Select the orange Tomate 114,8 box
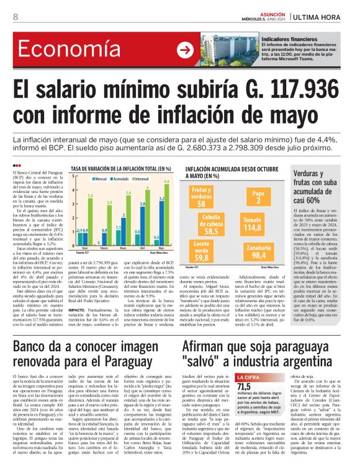(270, 223)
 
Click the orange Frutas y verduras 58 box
(201, 197)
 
